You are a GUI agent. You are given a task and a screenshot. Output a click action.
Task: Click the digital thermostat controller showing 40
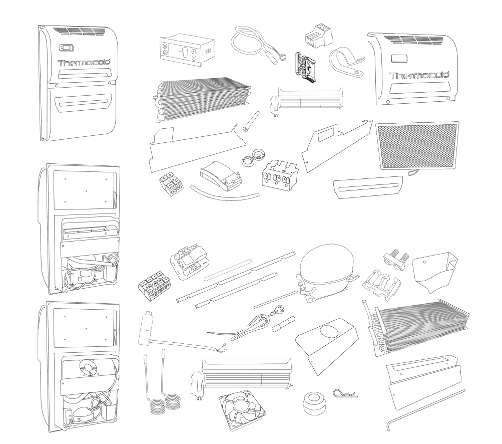coord(187,50)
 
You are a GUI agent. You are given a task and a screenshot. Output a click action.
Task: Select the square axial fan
coord(242,409)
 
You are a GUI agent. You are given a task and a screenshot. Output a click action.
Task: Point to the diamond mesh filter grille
coord(417,146)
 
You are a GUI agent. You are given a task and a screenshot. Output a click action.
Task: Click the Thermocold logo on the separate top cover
coord(419,76)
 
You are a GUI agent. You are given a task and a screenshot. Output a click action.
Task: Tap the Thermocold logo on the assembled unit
coord(85,63)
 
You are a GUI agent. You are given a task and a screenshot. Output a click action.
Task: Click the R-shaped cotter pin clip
coord(345,393)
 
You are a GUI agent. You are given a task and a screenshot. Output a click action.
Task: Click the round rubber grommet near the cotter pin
coord(315,402)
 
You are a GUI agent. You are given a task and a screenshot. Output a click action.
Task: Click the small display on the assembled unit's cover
coord(67,48)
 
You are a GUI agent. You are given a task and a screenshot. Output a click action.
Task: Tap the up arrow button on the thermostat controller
coord(193,51)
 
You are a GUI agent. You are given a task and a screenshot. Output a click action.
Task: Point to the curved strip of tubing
coord(224,194)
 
